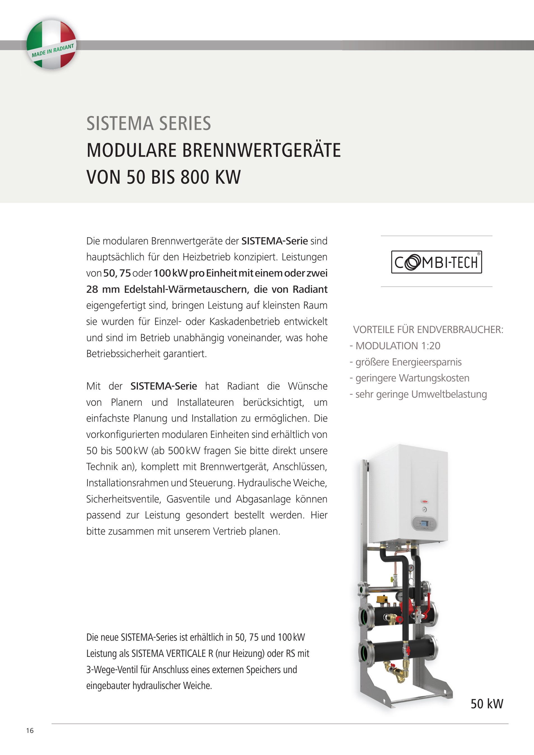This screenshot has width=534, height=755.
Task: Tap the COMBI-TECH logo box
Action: (x=436, y=262)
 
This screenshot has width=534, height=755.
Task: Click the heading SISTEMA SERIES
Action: (x=148, y=123)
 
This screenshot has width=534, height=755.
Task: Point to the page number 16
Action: (x=30, y=731)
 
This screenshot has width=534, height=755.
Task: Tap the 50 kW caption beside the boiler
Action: (x=487, y=704)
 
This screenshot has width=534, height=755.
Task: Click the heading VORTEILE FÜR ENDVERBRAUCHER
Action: (x=428, y=329)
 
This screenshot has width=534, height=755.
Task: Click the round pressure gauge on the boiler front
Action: (x=425, y=509)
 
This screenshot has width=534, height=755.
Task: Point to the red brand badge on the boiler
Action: (x=425, y=501)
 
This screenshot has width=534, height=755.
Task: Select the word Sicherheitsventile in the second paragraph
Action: (x=124, y=499)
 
